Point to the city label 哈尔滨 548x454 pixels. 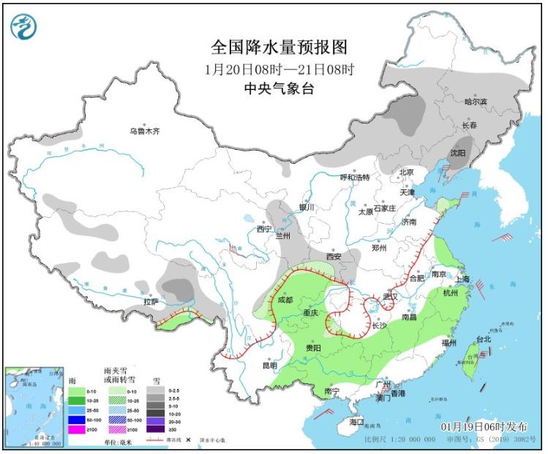point(476,101)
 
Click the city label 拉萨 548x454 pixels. point(151,300)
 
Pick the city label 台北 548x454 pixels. point(484,338)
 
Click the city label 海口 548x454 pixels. point(356,423)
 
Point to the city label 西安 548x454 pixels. point(334,257)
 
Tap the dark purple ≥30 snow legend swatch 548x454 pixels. point(158,430)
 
